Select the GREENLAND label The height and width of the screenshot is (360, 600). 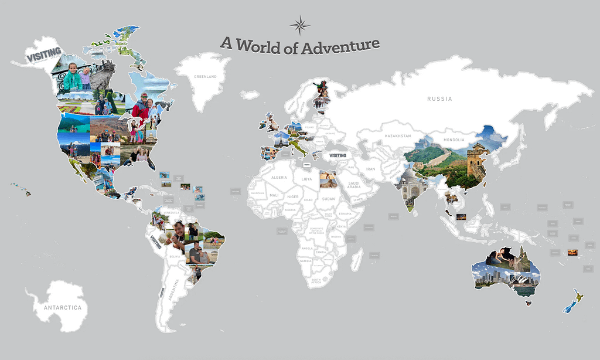coord(206,77)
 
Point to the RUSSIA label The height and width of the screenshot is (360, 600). coord(439,99)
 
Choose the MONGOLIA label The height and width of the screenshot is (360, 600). coord(454,140)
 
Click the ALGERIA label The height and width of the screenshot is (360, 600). coord(278,177)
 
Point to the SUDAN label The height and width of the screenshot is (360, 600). coord(329,199)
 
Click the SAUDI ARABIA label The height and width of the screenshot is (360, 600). coord(353,185)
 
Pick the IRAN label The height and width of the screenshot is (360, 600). coord(370,169)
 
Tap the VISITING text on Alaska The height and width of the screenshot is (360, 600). coord(43,54)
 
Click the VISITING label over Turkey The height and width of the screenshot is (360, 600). coord(338,155)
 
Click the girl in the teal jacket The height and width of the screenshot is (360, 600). coord(72,78)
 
